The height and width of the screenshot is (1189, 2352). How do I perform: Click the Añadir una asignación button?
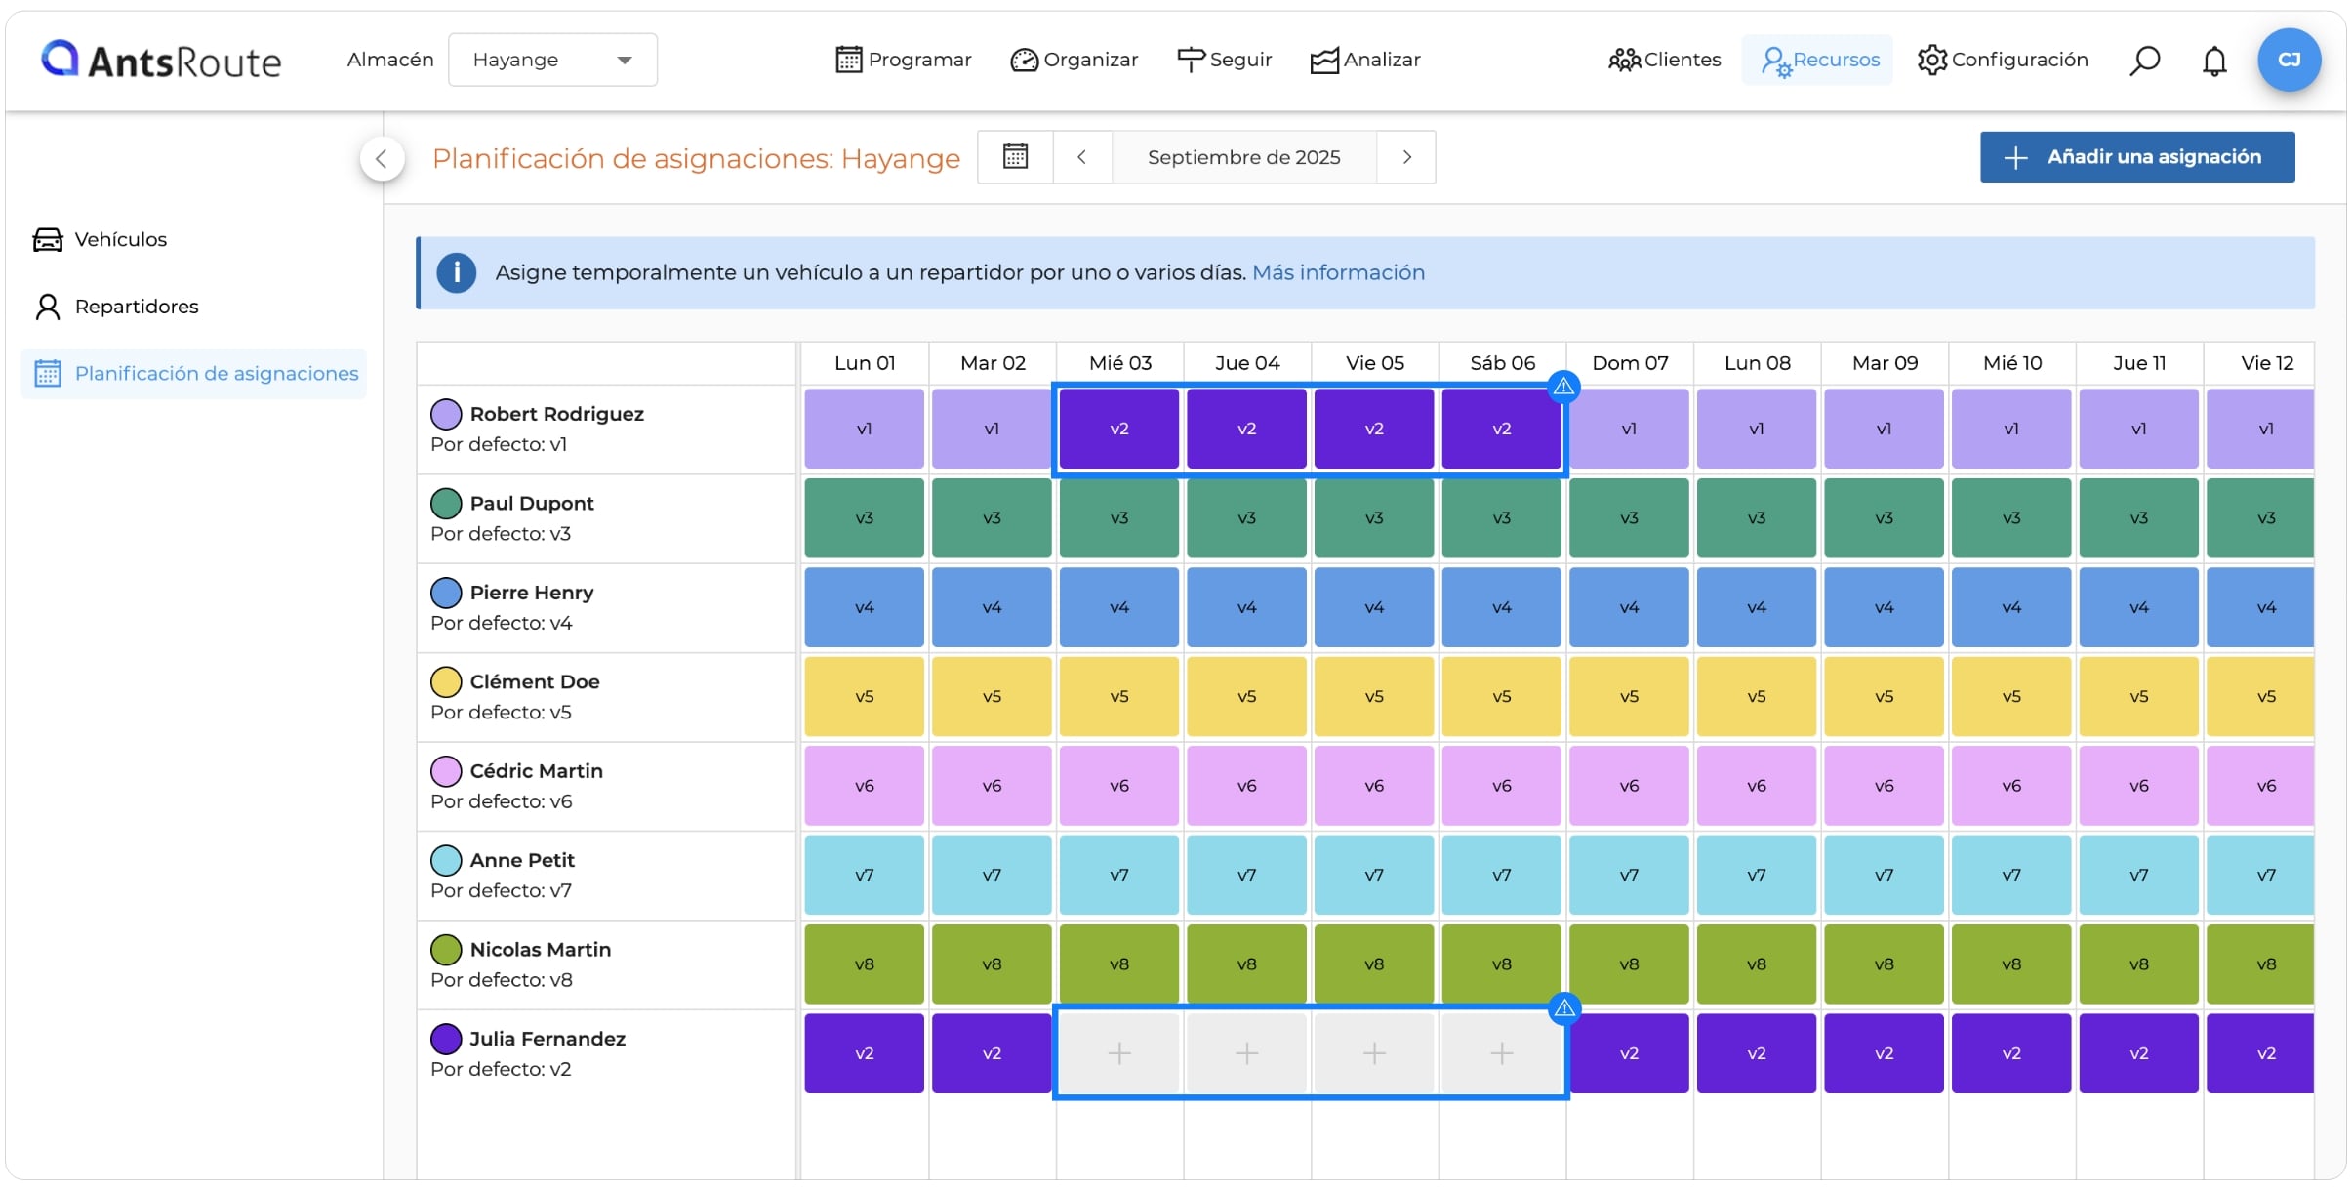[x=2136, y=157]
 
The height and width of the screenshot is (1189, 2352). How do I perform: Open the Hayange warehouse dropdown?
[x=552, y=60]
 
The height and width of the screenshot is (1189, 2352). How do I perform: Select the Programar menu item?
[x=904, y=60]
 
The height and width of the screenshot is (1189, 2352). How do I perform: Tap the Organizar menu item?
[x=1074, y=60]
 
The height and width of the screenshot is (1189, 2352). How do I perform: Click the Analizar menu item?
[x=1364, y=60]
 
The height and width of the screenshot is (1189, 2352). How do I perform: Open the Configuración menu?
[x=2002, y=60]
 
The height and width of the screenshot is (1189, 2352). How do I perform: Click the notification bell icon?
[x=2214, y=61]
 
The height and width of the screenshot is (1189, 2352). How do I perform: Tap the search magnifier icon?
[x=2144, y=61]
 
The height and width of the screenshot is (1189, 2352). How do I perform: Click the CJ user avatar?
[x=2289, y=60]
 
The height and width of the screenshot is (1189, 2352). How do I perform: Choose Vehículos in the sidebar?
[x=100, y=239]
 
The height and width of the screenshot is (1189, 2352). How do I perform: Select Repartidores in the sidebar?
[x=116, y=307]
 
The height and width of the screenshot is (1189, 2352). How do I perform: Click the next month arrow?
[x=1406, y=157]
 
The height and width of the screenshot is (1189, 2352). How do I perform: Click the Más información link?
[x=1338, y=272]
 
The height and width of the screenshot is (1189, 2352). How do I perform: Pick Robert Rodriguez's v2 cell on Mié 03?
[x=1119, y=429]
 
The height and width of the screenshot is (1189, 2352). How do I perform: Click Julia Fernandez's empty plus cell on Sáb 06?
[x=1501, y=1053]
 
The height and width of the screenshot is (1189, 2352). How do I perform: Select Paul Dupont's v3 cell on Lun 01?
[x=864, y=518]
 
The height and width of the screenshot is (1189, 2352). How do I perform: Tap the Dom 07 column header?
[x=1630, y=363]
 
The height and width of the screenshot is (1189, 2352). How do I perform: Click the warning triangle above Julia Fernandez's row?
[x=1564, y=1008]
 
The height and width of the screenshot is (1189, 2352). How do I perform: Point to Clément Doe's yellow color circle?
[x=446, y=681]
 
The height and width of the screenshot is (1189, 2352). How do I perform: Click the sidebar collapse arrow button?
[x=382, y=158]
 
